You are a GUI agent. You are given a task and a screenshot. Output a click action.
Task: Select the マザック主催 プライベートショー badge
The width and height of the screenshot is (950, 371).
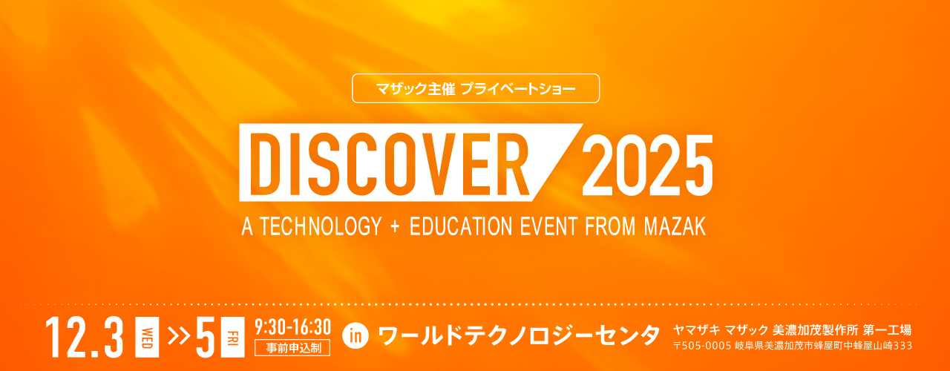(x=476, y=88)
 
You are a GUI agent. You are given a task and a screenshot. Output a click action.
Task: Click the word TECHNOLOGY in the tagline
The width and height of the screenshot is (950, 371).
(x=321, y=226)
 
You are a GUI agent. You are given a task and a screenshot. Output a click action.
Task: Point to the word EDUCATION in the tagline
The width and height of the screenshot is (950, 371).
(x=461, y=226)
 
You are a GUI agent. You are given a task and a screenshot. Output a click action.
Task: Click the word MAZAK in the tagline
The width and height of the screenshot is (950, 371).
(x=675, y=226)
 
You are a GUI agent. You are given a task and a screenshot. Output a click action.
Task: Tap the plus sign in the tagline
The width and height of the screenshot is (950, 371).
(x=396, y=226)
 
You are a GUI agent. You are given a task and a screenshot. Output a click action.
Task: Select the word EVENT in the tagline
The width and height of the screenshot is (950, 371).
(x=548, y=226)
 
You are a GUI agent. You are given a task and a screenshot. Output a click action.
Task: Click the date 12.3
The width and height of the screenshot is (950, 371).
(x=85, y=338)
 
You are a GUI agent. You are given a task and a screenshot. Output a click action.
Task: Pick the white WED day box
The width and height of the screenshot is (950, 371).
(x=147, y=337)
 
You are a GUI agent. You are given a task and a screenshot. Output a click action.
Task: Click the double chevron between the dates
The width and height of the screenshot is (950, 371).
(x=179, y=336)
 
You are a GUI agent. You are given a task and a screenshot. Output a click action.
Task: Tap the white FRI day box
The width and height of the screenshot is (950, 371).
(x=233, y=337)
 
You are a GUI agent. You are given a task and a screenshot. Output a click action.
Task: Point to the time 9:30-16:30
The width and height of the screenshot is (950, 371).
(x=292, y=327)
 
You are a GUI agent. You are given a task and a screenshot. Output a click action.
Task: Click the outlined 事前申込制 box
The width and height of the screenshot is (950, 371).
(x=292, y=348)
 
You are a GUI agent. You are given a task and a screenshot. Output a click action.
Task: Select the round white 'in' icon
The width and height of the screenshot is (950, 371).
(x=356, y=336)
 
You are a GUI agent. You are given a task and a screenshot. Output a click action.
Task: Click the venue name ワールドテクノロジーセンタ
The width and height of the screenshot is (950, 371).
(x=519, y=335)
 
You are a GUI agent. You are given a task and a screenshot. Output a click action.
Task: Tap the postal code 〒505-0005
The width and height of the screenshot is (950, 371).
(x=702, y=346)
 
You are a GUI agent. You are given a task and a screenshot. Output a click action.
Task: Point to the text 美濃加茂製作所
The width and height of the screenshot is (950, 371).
(x=815, y=329)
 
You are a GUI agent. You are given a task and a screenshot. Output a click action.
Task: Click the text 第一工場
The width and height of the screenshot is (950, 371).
(x=887, y=329)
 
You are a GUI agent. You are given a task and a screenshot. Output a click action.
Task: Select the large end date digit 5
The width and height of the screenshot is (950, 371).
(x=206, y=338)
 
